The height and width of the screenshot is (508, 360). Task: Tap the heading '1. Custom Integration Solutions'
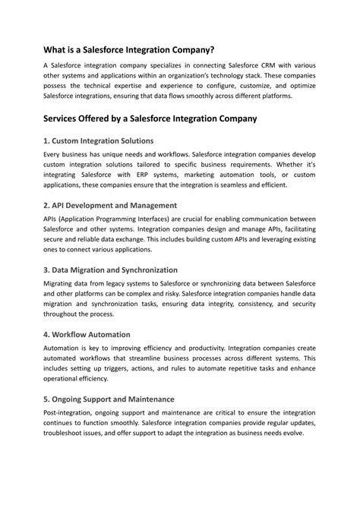tap(99, 140)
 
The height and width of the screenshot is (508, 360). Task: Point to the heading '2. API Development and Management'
tap(110, 205)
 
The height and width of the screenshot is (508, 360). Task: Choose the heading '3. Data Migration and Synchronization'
tap(111, 269)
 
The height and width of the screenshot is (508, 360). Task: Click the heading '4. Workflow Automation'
tap(87, 333)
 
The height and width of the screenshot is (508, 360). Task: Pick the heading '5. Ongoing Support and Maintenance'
tap(109, 398)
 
